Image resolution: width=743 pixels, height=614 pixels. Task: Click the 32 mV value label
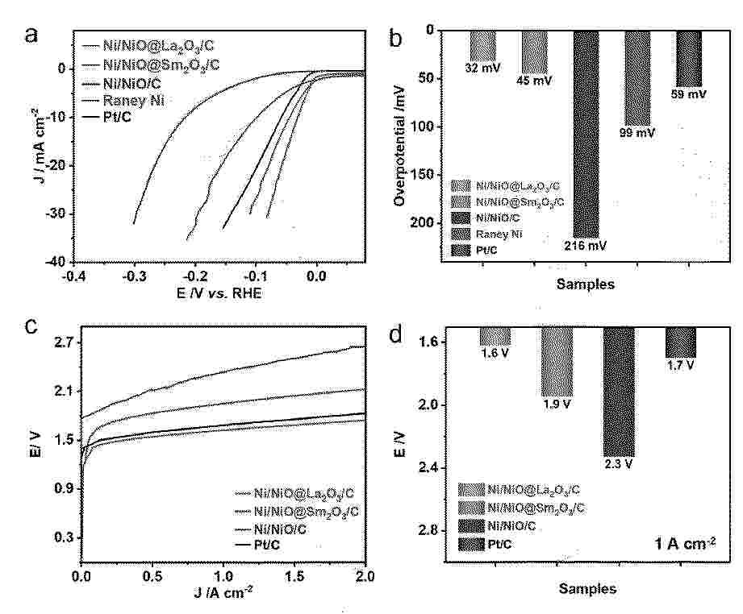(x=482, y=68)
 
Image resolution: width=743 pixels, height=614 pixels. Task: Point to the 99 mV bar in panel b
(x=637, y=77)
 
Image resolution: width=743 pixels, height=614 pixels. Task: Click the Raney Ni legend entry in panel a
(x=128, y=100)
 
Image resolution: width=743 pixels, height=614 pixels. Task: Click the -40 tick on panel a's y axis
(x=53, y=262)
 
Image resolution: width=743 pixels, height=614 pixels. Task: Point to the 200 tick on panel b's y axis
(x=423, y=222)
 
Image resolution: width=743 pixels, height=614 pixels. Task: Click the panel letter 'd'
(x=395, y=334)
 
